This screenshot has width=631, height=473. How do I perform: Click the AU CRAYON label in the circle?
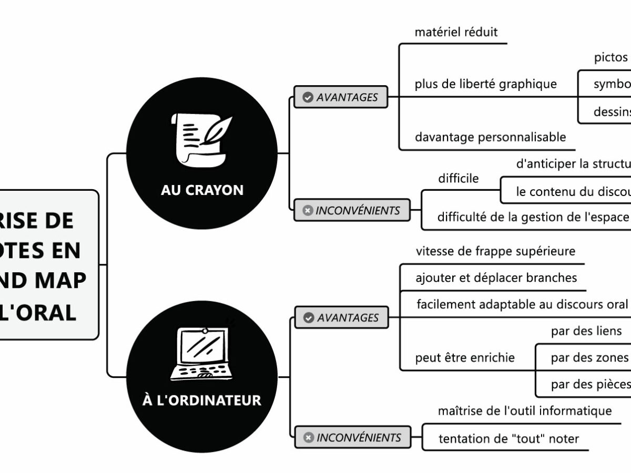coord(202,190)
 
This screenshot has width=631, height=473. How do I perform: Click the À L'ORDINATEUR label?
coord(202,400)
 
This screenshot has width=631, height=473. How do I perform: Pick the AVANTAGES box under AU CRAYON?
coord(341,97)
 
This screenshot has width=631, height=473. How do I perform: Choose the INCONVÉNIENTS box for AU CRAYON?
coord(352,211)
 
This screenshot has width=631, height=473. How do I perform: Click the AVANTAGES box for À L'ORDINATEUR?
coord(341,317)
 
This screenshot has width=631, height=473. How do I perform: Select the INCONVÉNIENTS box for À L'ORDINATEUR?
coord(353,437)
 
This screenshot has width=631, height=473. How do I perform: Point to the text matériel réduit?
coord(456,32)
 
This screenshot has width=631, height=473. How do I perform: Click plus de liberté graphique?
coord(485,84)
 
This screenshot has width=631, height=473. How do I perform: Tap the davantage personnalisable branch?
coord(490,137)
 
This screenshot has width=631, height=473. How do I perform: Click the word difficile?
coord(459,179)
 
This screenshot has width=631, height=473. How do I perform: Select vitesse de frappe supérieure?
coord(495,251)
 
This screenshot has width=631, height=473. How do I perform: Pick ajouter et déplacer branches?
coord(496,277)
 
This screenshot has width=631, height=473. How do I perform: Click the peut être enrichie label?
coord(465,358)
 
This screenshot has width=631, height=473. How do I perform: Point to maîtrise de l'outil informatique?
coord(525,410)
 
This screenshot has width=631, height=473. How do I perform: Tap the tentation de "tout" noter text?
coord(508,438)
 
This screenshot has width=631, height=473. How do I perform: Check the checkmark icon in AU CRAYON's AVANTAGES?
coord(308,97)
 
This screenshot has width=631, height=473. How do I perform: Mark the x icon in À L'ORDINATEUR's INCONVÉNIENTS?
coord(309,437)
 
